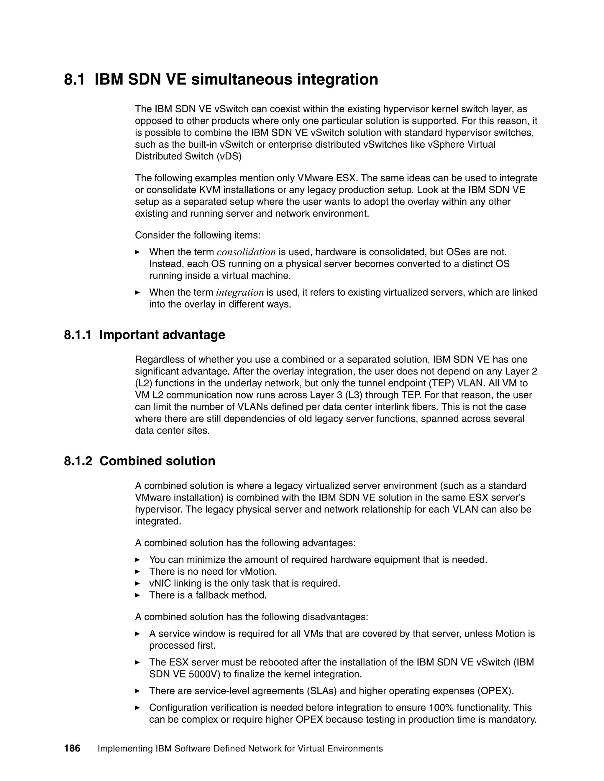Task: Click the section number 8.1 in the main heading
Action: tap(74, 79)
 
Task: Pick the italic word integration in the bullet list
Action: tap(240, 293)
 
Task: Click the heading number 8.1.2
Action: tap(78, 461)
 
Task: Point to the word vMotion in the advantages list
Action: tap(258, 571)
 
